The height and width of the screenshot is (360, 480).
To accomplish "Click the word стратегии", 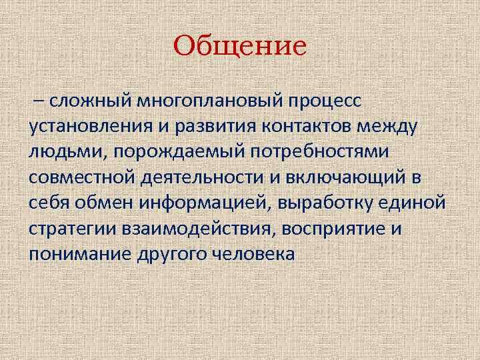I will point(74,229).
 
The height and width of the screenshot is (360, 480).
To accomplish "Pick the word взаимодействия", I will point(199,229).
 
